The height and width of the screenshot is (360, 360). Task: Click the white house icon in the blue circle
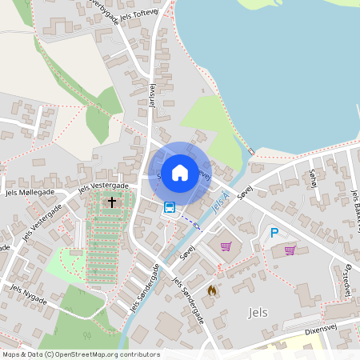click(180, 172)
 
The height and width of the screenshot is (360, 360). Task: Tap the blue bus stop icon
click(170, 207)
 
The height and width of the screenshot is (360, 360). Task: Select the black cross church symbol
click(112, 202)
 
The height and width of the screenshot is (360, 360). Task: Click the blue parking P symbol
click(274, 233)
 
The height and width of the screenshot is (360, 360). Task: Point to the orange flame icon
click(212, 291)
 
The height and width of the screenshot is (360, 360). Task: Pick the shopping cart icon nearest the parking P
click(290, 250)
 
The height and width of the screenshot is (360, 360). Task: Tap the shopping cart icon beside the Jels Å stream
click(226, 246)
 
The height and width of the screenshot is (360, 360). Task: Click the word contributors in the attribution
click(143, 354)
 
